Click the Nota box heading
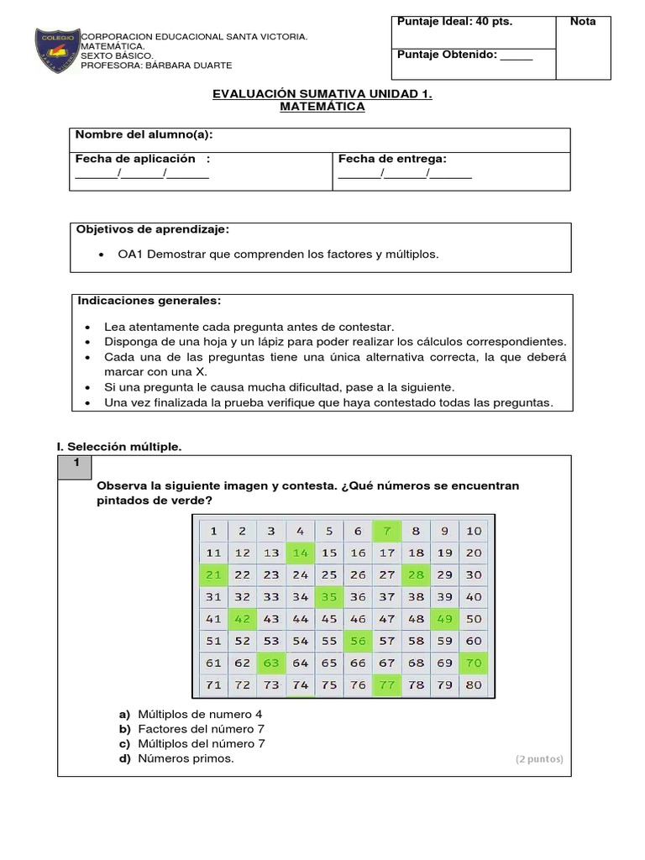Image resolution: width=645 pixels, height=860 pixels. pyautogui.click(x=583, y=22)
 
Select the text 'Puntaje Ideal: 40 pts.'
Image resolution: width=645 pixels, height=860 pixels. pyautogui.click(x=454, y=22)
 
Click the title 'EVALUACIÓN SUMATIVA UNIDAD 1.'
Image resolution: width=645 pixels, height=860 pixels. pyautogui.click(x=322, y=95)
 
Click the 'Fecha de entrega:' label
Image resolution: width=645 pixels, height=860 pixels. pyautogui.click(x=392, y=159)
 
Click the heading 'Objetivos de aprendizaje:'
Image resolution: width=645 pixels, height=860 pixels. pyautogui.click(x=152, y=229)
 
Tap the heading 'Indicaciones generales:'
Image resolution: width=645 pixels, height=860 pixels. pyautogui.click(x=149, y=300)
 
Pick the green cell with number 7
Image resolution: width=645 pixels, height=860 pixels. pyautogui.click(x=386, y=531)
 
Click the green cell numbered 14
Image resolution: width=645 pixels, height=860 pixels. pyautogui.click(x=300, y=553)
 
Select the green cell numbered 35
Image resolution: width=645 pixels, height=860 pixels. pyautogui.click(x=328, y=597)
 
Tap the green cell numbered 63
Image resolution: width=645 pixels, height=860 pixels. pyautogui.click(x=271, y=663)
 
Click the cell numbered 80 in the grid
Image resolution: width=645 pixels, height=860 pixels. pyautogui.click(x=474, y=684)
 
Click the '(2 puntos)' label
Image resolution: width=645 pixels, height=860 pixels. pyautogui.click(x=539, y=759)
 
